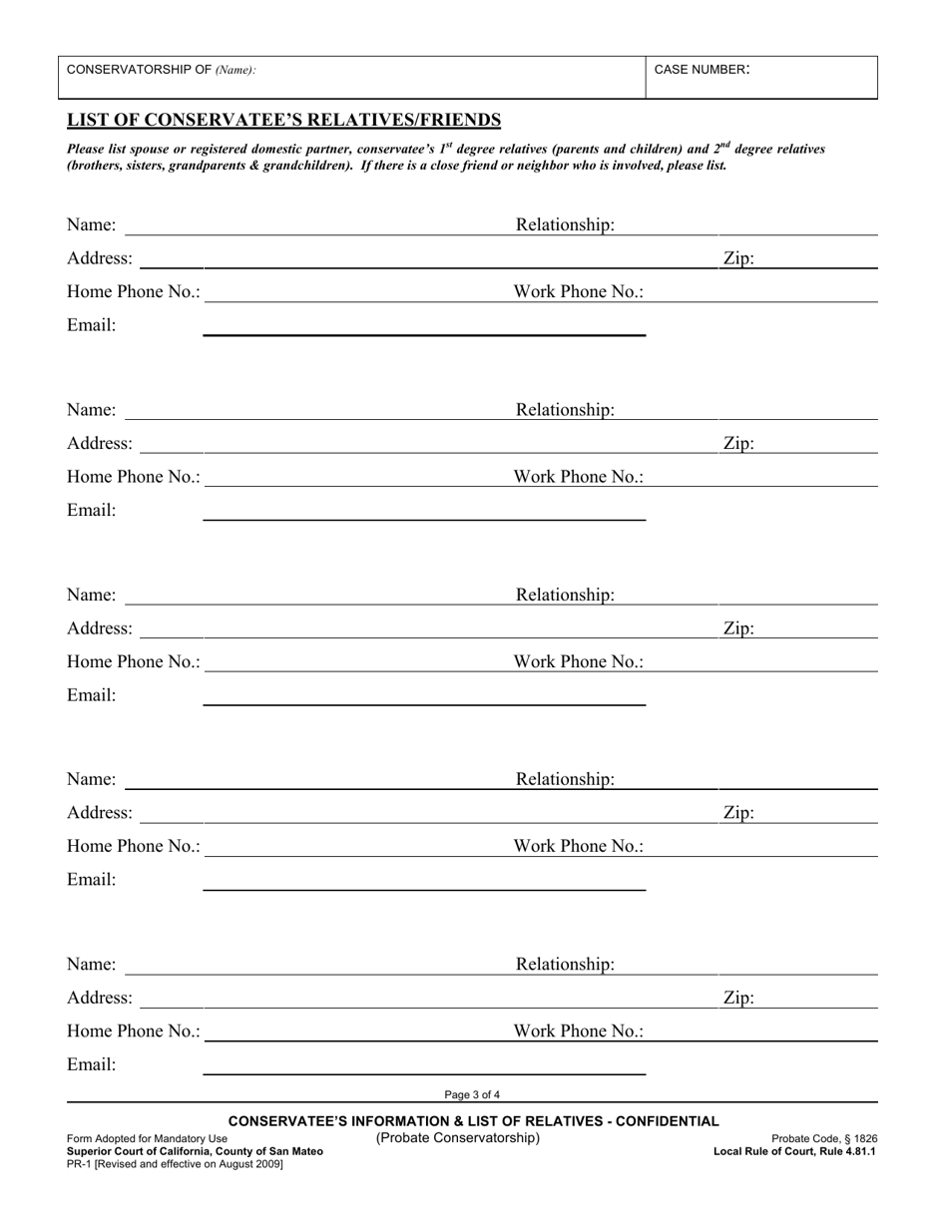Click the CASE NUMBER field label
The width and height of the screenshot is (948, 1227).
pyautogui.click(x=702, y=70)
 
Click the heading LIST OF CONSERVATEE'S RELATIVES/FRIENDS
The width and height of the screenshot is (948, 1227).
pyautogui.click(x=283, y=121)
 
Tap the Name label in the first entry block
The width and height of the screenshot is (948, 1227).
pyautogui.click(x=91, y=225)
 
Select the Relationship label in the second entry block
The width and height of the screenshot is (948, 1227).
pyautogui.click(x=565, y=410)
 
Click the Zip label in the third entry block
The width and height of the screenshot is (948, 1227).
pyautogui.click(x=738, y=628)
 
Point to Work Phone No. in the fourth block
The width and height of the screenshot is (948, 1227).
pyautogui.click(x=579, y=846)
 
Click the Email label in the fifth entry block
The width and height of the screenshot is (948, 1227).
pyautogui.click(x=91, y=1064)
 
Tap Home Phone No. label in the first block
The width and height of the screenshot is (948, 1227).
pyautogui.click(x=134, y=292)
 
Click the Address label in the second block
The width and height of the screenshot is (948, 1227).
pyautogui.click(x=100, y=443)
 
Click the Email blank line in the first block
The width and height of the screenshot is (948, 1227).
pyautogui.click(x=424, y=332)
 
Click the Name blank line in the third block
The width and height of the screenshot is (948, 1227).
pyautogui.click(x=314, y=602)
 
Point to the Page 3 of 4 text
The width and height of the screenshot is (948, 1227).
pyautogui.click(x=473, y=1094)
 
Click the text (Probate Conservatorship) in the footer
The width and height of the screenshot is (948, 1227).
pyautogui.click(x=457, y=1138)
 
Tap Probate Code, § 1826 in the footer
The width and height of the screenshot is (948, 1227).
pyautogui.click(x=824, y=1138)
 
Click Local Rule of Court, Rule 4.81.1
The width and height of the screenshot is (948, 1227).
pyautogui.click(x=794, y=1151)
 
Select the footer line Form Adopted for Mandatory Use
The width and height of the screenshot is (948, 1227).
pyautogui.click(x=147, y=1138)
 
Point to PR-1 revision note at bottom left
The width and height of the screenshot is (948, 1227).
pyautogui.click(x=175, y=1164)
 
